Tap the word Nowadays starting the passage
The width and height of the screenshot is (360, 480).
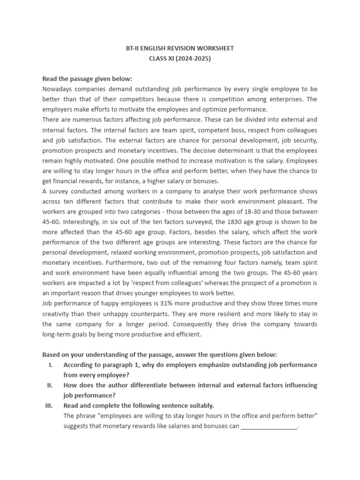click(58, 88)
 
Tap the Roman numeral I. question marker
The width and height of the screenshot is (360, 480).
click(51, 365)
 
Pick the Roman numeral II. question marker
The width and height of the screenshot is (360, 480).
click(50, 385)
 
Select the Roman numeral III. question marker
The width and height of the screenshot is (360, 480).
click(49, 405)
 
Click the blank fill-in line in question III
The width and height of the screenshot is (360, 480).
click(269, 427)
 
